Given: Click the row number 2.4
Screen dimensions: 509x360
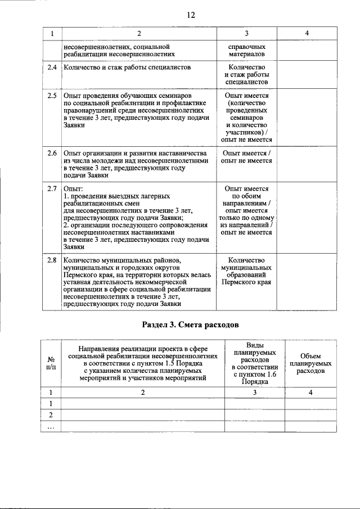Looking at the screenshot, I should click(x=52, y=67).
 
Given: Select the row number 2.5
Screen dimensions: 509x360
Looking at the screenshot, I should click(x=52, y=96).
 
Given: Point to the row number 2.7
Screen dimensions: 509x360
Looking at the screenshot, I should click(x=52, y=189).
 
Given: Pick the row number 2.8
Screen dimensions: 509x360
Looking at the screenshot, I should click(x=52, y=260).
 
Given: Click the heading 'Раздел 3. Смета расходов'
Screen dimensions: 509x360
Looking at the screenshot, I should click(x=191, y=325).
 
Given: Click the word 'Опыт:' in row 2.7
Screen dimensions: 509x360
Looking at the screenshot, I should click(x=74, y=189).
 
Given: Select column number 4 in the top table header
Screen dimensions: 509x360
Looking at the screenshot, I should click(x=307, y=33).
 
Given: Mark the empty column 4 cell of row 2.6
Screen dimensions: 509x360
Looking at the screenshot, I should click(x=307, y=164).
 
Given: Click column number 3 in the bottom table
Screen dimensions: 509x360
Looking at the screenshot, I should click(x=255, y=393).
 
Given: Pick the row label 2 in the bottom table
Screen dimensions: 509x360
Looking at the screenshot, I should click(x=51, y=415).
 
